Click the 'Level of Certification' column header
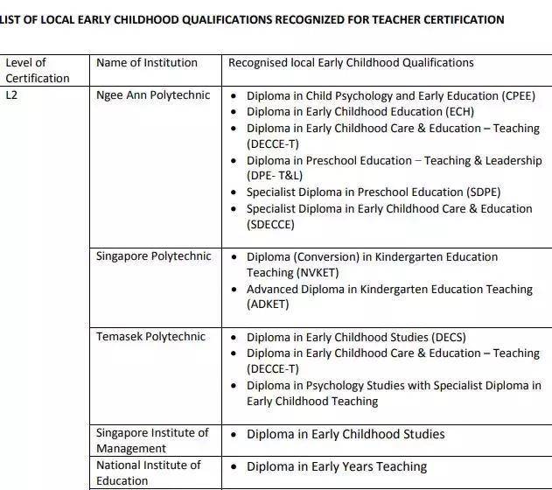tap(38, 70)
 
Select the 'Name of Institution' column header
tap(147, 63)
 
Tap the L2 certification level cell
tap(11, 94)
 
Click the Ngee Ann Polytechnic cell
tap(153, 94)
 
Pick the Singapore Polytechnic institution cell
tap(153, 256)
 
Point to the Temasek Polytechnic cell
tap(150, 337)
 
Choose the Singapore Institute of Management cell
tap(152, 441)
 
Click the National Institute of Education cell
tap(148, 472)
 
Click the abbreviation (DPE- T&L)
tap(275, 176)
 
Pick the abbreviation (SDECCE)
tap(270, 225)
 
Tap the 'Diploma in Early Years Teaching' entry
tap(337, 466)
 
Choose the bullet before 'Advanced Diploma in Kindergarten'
tap(234, 290)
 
